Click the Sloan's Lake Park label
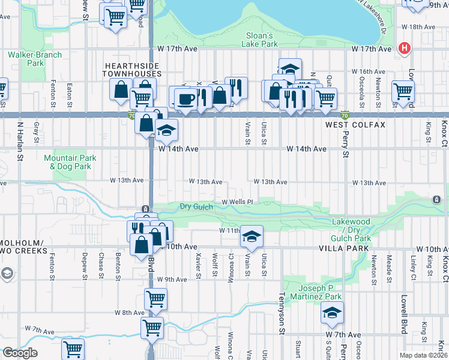(x=261, y=40)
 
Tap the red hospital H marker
(x=405, y=48)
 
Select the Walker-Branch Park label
(x=27, y=59)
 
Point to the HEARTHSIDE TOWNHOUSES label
(x=133, y=69)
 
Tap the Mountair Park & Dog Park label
(x=70, y=162)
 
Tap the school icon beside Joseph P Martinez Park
(x=332, y=312)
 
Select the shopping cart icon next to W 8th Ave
(x=155, y=298)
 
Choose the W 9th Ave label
(x=172, y=279)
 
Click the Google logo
(x=20, y=353)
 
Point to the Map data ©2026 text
(x=423, y=355)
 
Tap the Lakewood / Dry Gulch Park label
(x=352, y=230)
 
